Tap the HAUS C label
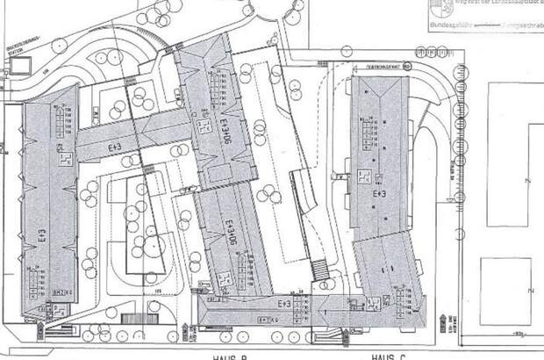pyautogui.click(x=385, y=355)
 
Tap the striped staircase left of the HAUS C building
pyautogui.click(x=319, y=269)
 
